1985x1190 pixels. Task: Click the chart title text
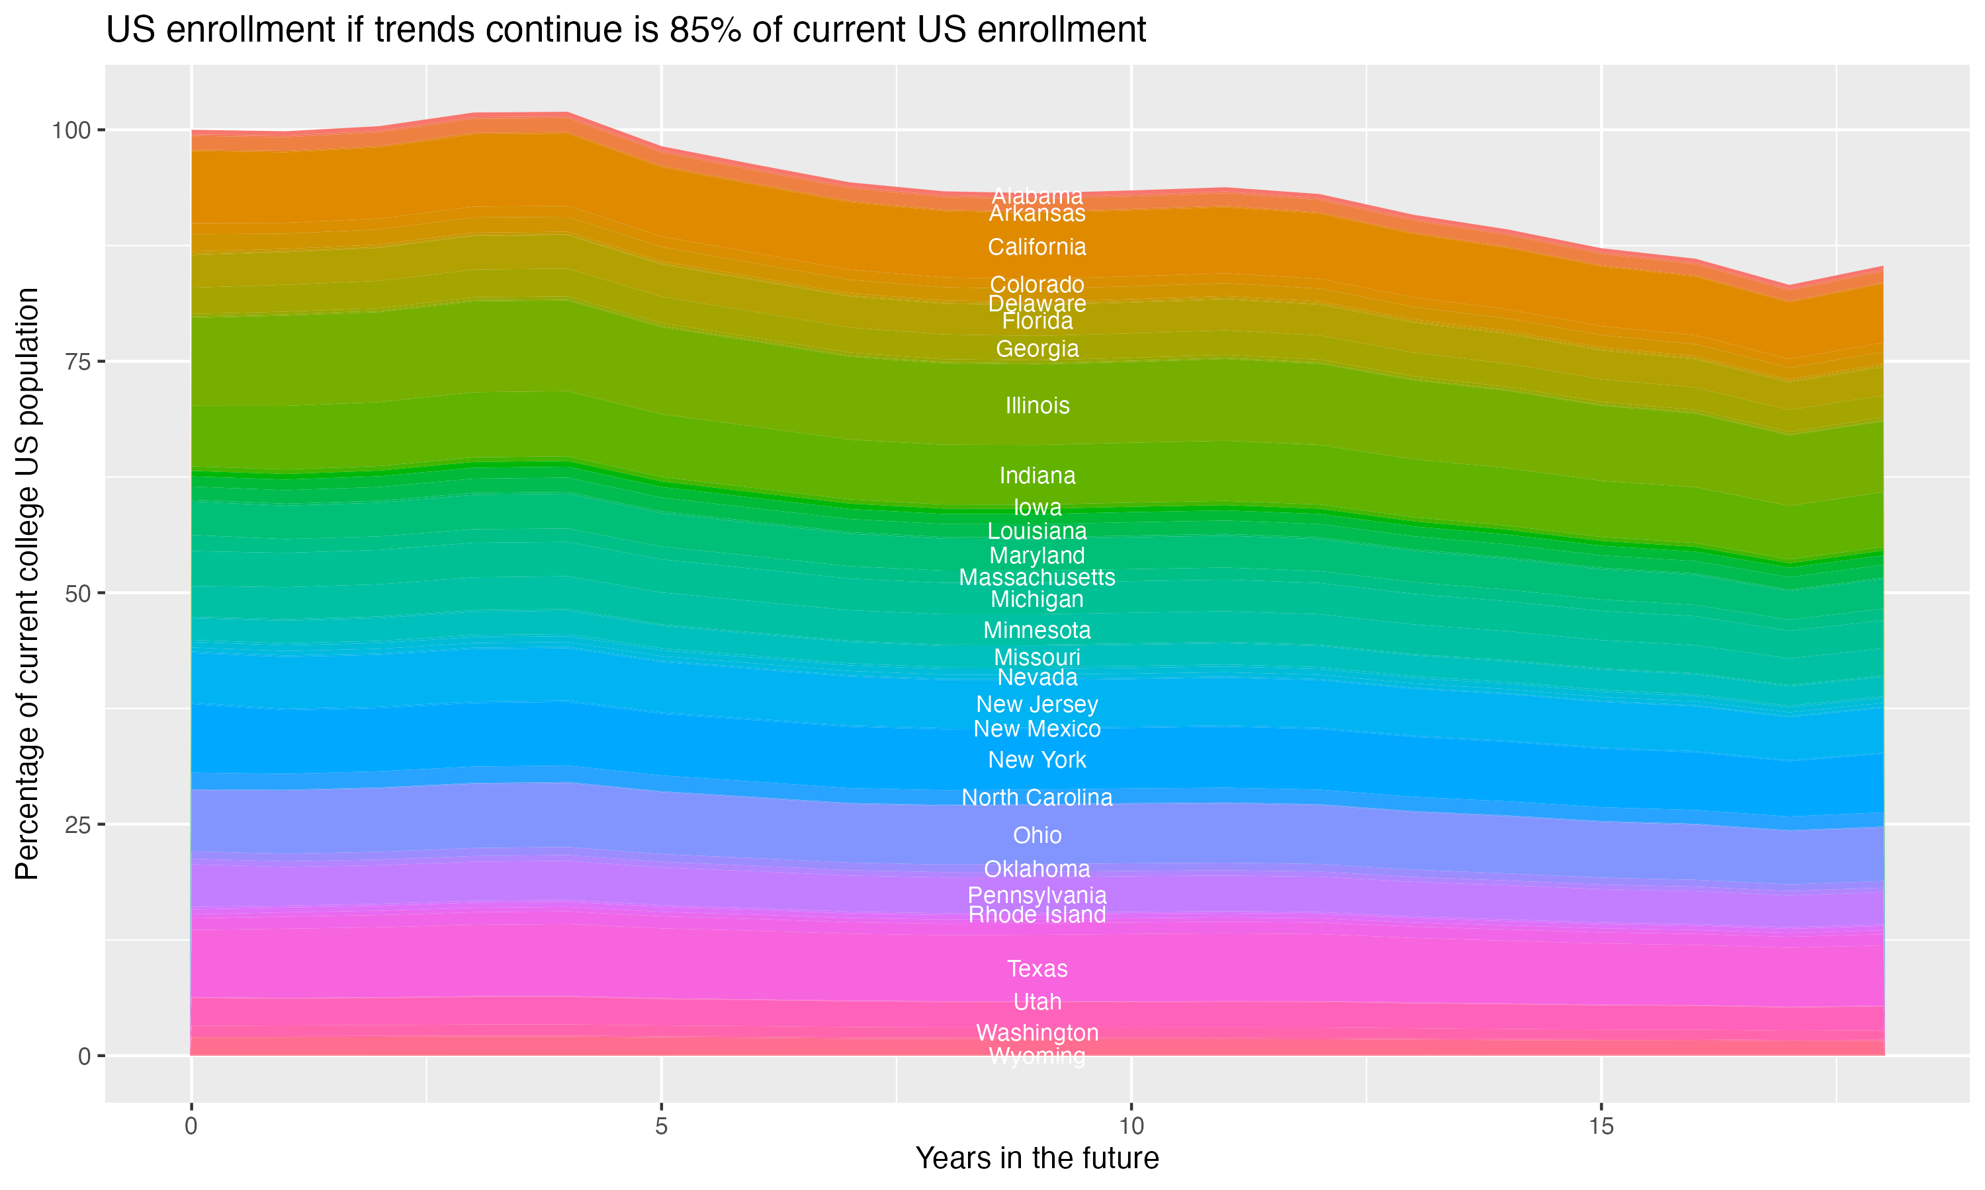click(x=626, y=30)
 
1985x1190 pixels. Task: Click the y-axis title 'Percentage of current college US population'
click(x=27, y=584)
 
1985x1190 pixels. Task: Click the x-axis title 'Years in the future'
click(x=1037, y=1158)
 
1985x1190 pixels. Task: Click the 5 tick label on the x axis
click(x=661, y=1127)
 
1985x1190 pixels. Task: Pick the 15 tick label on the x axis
click(x=1601, y=1127)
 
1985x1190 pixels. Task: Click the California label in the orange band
click(x=1037, y=247)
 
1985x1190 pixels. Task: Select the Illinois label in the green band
click(x=1037, y=406)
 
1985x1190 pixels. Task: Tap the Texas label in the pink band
click(x=1037, y=969)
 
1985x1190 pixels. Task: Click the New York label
click(x=1037, y=760)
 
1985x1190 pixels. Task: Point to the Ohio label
click(x=1037, y=836)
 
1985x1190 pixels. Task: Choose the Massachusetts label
click(x=1037, y=577)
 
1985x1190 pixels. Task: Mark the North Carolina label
click(x=1037, y=797)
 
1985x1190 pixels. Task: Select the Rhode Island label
click(x=1037, y=915)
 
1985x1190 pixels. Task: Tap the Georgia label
click(x=1037, y=349)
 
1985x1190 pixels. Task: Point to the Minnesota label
click(x=1037, y=630)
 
